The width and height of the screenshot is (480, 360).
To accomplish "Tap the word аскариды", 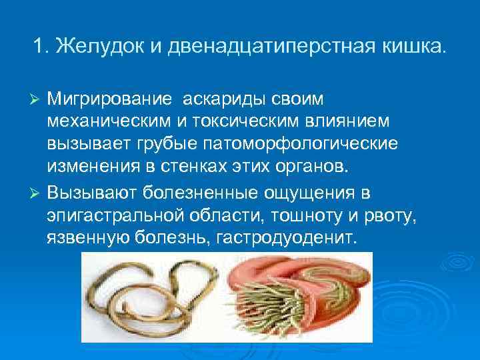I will (221, 99).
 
